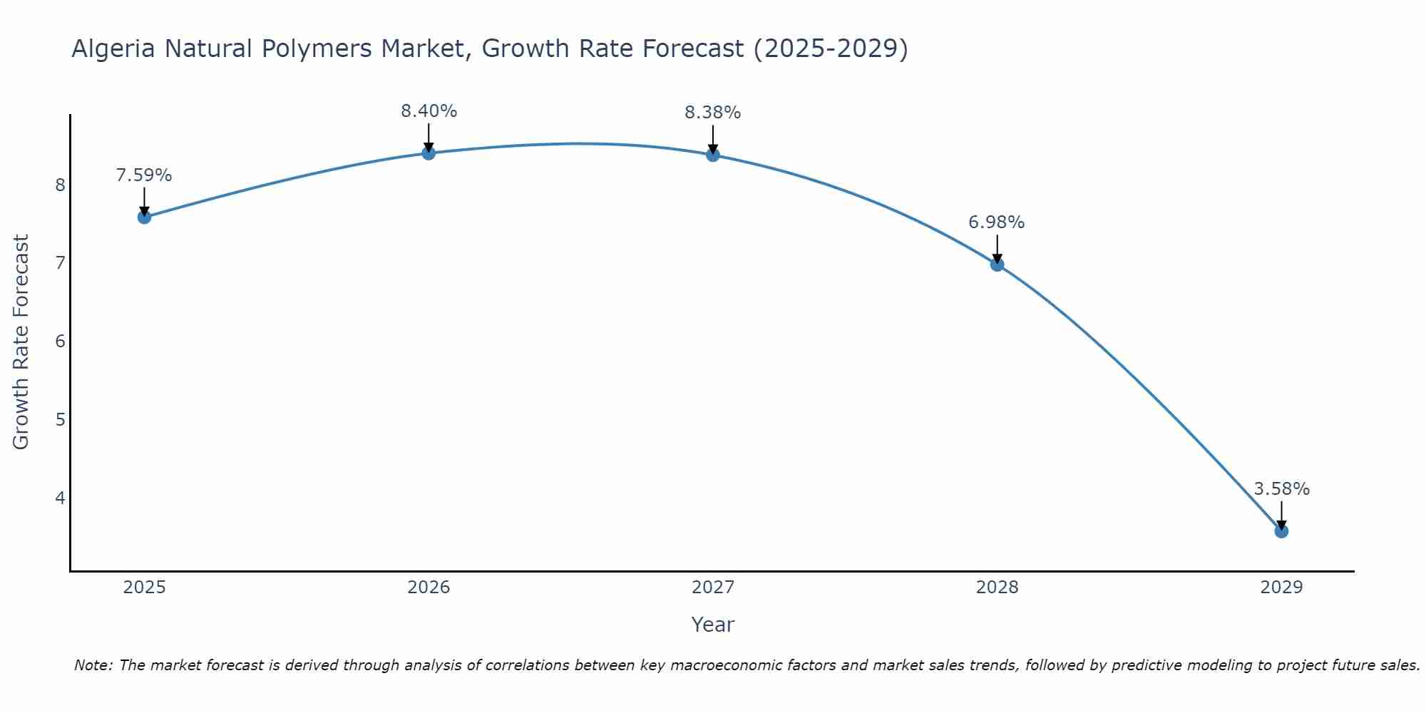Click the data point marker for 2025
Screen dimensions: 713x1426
coord(144,217)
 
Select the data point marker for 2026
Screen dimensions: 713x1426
coord(429,153)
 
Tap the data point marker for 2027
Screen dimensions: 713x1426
coord(713,155)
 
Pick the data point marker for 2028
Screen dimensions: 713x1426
coord(997,265)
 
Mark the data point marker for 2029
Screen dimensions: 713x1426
coord(1281,531)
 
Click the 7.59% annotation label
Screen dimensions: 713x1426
coord(144,175)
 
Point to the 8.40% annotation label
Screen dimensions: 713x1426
coord(429,111)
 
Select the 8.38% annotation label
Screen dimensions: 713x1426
coord(713,113)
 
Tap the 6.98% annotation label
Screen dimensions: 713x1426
coord(997,222)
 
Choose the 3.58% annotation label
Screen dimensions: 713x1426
coord(1281,489)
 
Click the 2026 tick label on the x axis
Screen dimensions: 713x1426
coord(429,588)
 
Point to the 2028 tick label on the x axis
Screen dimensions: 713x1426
coord(997,588)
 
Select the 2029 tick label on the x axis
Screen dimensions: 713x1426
coord(1281,588)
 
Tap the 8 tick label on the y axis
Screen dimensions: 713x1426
coord(60,185)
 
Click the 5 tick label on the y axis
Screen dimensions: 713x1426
coord(60,419)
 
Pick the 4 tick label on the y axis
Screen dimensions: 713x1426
coord(60,498)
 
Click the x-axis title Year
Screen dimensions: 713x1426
coord(713,625)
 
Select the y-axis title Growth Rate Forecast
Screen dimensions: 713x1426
coord(21,342)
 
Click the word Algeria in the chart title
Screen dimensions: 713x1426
coord(113,48)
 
